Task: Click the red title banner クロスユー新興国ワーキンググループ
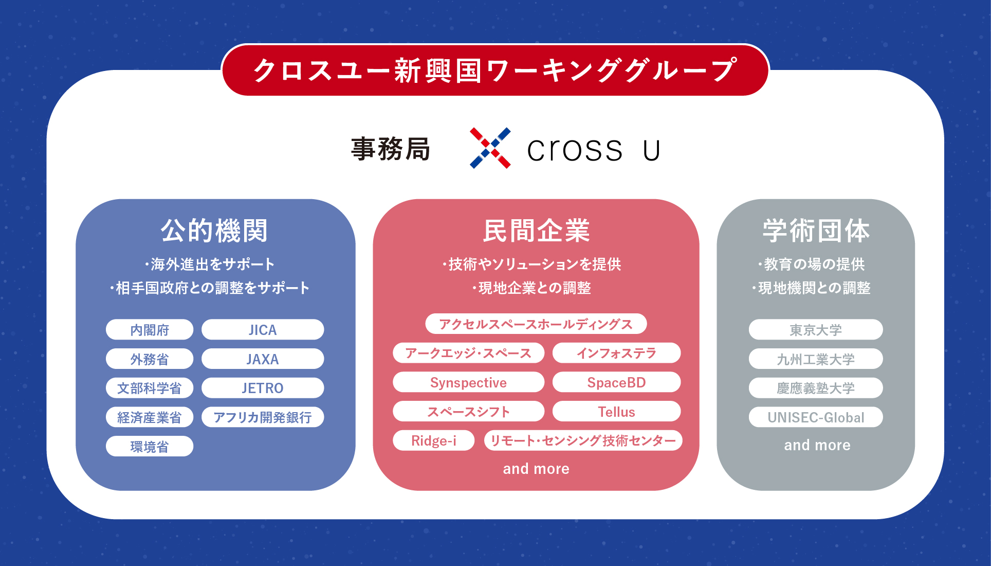point(495,70)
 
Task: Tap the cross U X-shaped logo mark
point(490,148)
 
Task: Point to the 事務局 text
point(391,149)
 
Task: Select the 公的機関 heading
point(214,231)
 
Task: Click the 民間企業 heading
point(536,231)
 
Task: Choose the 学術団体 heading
point(816,231)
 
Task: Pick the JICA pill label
point(263,330)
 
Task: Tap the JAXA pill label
point(263,359)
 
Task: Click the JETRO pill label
point(263,388)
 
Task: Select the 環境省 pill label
point(150,446)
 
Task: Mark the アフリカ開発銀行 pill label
point(263,417)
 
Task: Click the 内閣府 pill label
point(150,330)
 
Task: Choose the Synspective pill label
point(468,382)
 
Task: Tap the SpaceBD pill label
point(616,382)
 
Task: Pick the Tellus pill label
point(616,412)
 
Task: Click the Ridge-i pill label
point(434,440)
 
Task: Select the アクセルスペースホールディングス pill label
point(536,324)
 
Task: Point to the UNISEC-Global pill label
point(816,417)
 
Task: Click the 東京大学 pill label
point(816,330)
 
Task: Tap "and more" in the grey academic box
point(817,445)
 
